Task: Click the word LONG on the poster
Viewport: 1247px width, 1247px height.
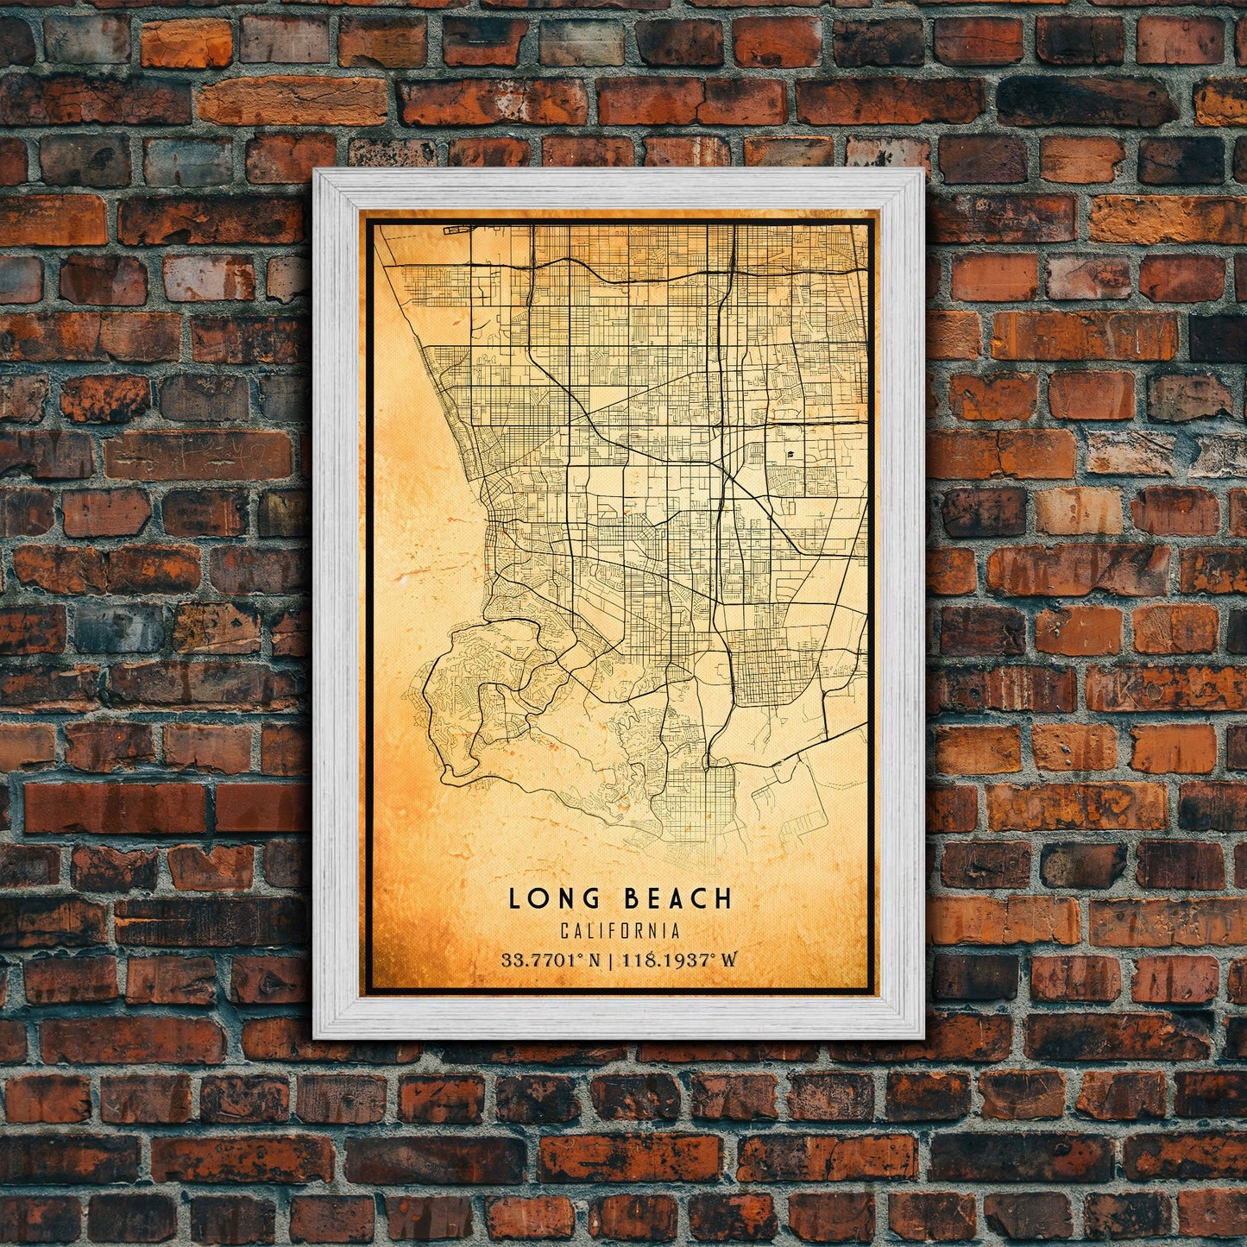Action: pyautogui.click(x=548, y=898)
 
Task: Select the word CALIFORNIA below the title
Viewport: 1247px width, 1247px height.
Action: pyautogui.click(x=619, y=931)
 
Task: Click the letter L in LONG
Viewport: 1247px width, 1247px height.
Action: pyautogui.click(x=514, y=898)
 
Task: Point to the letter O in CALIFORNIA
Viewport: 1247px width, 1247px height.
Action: pyautogui.click(x=627, y=931)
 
